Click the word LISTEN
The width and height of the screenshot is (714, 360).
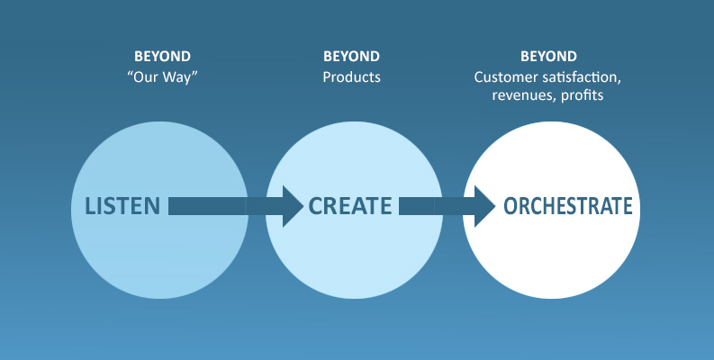(x=122, y=206)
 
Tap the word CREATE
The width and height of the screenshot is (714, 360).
(x=350, y=206)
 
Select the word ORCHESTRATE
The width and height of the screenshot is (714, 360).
(x=568, y=206)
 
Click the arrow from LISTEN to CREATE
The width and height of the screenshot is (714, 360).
(x=236, y=206)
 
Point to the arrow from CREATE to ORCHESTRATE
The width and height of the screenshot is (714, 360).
(x=447, y=206)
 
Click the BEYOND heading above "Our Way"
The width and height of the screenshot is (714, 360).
(x=163, y=57)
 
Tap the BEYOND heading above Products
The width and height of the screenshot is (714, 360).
(x=351, y=57)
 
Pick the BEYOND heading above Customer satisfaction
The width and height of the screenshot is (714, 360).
(x=548, y=57)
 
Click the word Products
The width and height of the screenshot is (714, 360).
(x=351, y=76)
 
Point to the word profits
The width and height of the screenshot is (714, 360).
(x=583, y=95)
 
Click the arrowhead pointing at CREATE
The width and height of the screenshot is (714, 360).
(x=293, y=206)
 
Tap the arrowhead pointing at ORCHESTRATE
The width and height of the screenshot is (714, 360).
(x=485, y=206)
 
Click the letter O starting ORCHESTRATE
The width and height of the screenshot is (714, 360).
(x=511, y=206)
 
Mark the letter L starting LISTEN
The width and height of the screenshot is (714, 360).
(x=90, y=206)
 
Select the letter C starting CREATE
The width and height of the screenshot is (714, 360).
(x=315, y=206)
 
